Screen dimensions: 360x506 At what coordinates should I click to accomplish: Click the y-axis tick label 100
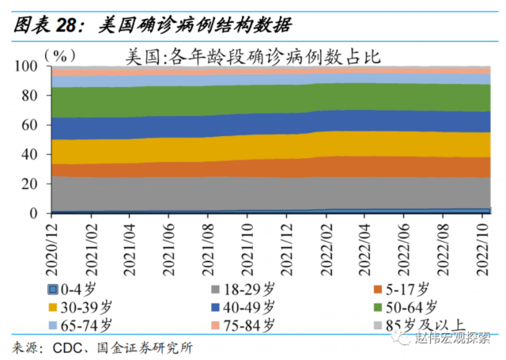pyautogui.click(x=27, y=66)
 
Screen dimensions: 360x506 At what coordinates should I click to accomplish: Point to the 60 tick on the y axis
pyautogui.click(x=30, y=125)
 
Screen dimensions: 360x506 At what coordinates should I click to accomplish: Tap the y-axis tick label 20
pyautogui.click(x=30, y=184)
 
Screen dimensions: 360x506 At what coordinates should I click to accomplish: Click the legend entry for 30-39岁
pyautogui.click(x=83, y=306)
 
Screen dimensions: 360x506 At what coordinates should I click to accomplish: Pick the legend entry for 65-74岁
pyautogui.click(x=83, y=324)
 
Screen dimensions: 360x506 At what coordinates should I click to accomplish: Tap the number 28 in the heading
pyautogui.click(x=66, y=24)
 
